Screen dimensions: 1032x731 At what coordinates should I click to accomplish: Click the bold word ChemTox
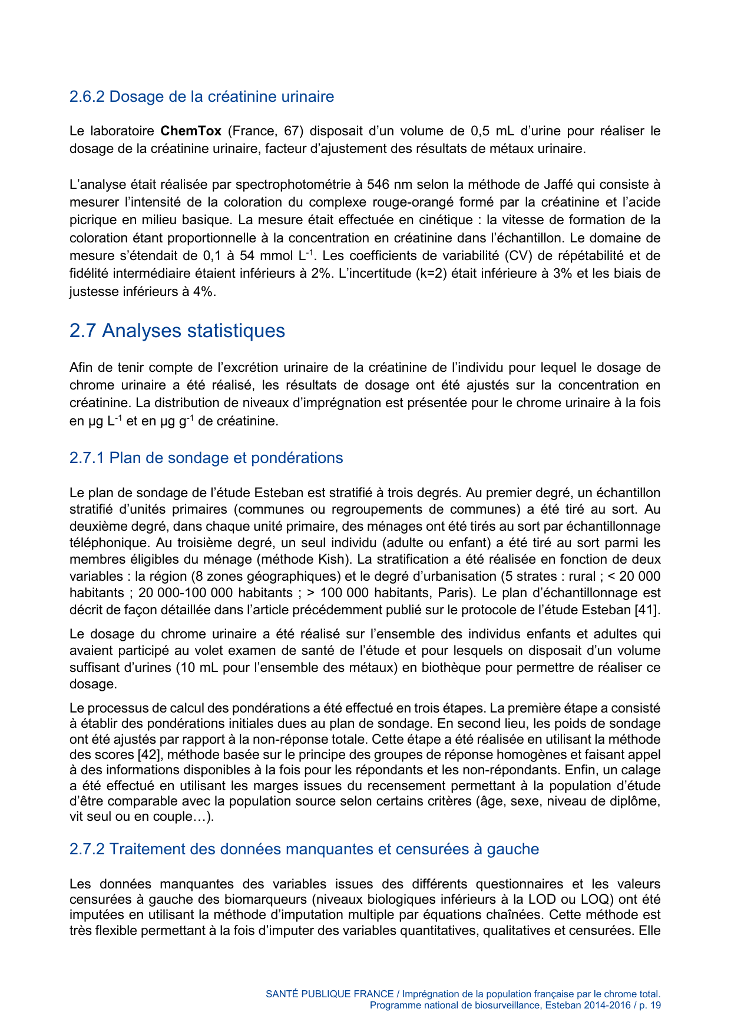(x=191, y=131)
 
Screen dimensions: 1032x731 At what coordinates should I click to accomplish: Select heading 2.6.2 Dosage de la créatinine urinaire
(x=201, y=96)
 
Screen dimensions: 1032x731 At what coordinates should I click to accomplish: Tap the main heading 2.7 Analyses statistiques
(x=177, y=331)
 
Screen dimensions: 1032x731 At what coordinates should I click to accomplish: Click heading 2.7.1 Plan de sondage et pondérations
(x=206, y=458)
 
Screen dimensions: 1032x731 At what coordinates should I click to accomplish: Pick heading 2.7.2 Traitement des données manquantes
(x=304, y=849)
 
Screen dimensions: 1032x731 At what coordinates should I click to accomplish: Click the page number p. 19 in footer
(x=650, y=1006)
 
